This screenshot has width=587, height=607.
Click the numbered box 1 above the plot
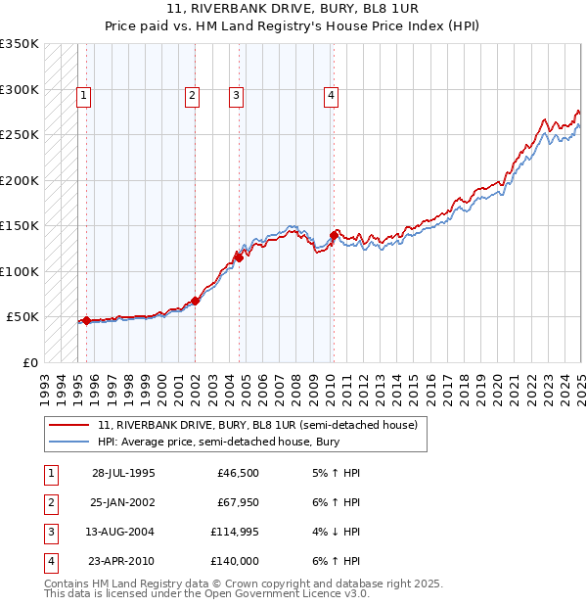pyautogui.click(x=84, y=96)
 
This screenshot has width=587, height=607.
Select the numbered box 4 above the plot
pyautogui.click(x=332, y=96)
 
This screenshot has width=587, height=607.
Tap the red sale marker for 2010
pyautogui.click(x=334, y=235)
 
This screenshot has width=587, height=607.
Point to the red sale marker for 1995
pyautogui.click(x=86, y=320)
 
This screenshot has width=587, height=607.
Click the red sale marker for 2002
pyautogui.click(x=195, y=301)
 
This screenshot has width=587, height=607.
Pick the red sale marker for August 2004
pyautogui.click(x=239, y=258)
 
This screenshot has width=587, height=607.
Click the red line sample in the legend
pyautogui.click(x=70, y=425)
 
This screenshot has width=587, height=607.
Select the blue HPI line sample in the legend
pyautogui.click(x=70, y=442)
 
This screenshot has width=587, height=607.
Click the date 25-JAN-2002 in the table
pyautogui.click(x=123, y=503)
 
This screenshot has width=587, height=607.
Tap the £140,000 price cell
pyautogui.click(x=235, y=561)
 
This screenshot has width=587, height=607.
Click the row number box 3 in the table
pyautogui.click(x=50, y=532)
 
